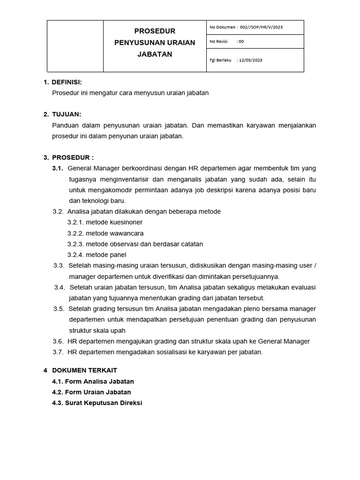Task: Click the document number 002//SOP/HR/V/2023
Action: point(261,27)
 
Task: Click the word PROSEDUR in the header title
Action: point(155,31)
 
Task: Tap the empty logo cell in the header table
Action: point(75,46)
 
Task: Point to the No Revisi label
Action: point(218,41)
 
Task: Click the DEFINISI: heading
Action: point(67,82)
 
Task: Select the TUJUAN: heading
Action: point(67,114)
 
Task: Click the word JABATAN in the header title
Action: point(155,54)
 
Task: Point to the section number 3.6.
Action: point(58,341)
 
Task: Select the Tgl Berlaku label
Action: point(220,60)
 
